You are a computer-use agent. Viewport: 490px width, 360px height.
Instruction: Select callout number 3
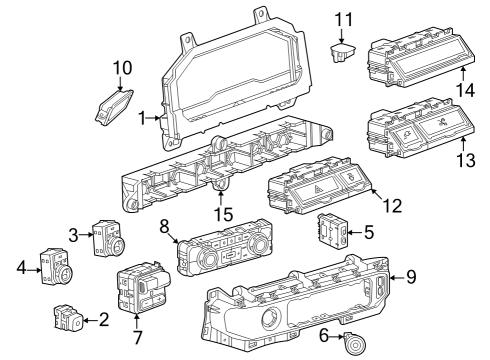point(73,234)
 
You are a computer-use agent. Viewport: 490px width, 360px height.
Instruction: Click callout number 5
point(369,234)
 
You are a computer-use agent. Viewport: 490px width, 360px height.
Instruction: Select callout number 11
point(344,18)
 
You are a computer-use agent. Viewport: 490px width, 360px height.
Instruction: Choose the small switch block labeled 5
point(333,231)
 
